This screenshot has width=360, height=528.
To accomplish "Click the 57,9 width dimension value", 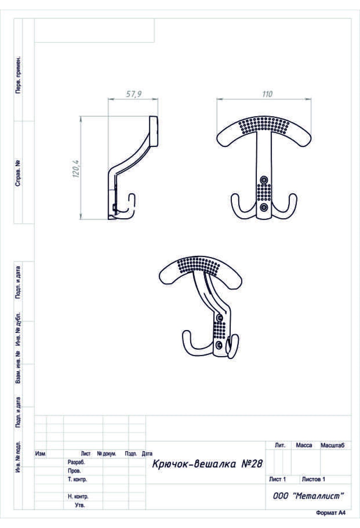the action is (133, 94).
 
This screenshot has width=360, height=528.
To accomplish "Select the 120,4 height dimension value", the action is (76, 169).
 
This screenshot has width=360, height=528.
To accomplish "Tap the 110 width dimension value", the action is (267, 94).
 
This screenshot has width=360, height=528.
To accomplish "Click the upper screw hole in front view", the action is (264, 180).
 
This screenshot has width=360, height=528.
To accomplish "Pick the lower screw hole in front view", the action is (264, 207).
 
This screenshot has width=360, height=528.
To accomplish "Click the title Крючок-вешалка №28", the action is (208, 464).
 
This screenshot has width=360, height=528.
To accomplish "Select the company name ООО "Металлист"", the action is (308, 496).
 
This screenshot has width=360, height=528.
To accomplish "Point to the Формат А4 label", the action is (330, 513).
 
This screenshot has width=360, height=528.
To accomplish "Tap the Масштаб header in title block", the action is (333, 445).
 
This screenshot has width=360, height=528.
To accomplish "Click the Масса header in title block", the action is (304, 445).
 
